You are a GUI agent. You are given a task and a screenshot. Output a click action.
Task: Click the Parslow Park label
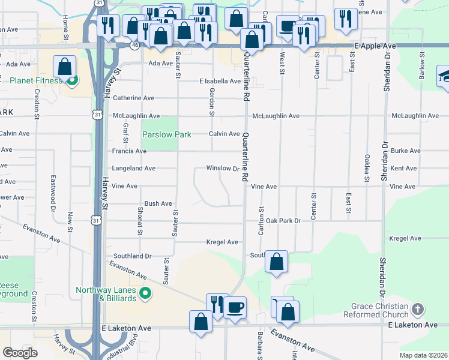(166, 134)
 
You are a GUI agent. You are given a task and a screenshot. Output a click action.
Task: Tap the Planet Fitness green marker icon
(72, 80)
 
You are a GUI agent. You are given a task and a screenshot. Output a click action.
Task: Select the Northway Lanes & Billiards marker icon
(145, 294)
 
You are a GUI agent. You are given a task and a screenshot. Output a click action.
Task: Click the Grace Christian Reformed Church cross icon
(418, 310)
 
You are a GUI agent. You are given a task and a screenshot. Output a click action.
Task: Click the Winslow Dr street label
(223, 169)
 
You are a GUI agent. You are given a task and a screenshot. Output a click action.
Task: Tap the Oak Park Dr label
(283, 221)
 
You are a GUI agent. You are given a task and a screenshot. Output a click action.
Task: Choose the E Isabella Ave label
(220, 81)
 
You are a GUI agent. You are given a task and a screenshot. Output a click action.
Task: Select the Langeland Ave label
(133, 169)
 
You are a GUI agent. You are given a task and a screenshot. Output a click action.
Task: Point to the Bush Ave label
(158, 204)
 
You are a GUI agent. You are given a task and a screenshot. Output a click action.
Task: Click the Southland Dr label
(132, 256)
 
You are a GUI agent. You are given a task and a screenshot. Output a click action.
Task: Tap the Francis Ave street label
(128, 151)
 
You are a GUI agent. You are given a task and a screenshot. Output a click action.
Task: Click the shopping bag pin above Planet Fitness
(64, 66)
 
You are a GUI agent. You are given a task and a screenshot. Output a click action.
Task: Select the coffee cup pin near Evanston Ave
(235, 307)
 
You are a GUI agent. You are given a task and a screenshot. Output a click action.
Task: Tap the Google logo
(20, 353)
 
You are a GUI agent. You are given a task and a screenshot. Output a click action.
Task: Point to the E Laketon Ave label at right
(412, 325)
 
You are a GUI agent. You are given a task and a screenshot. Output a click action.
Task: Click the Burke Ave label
(403, 151)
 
